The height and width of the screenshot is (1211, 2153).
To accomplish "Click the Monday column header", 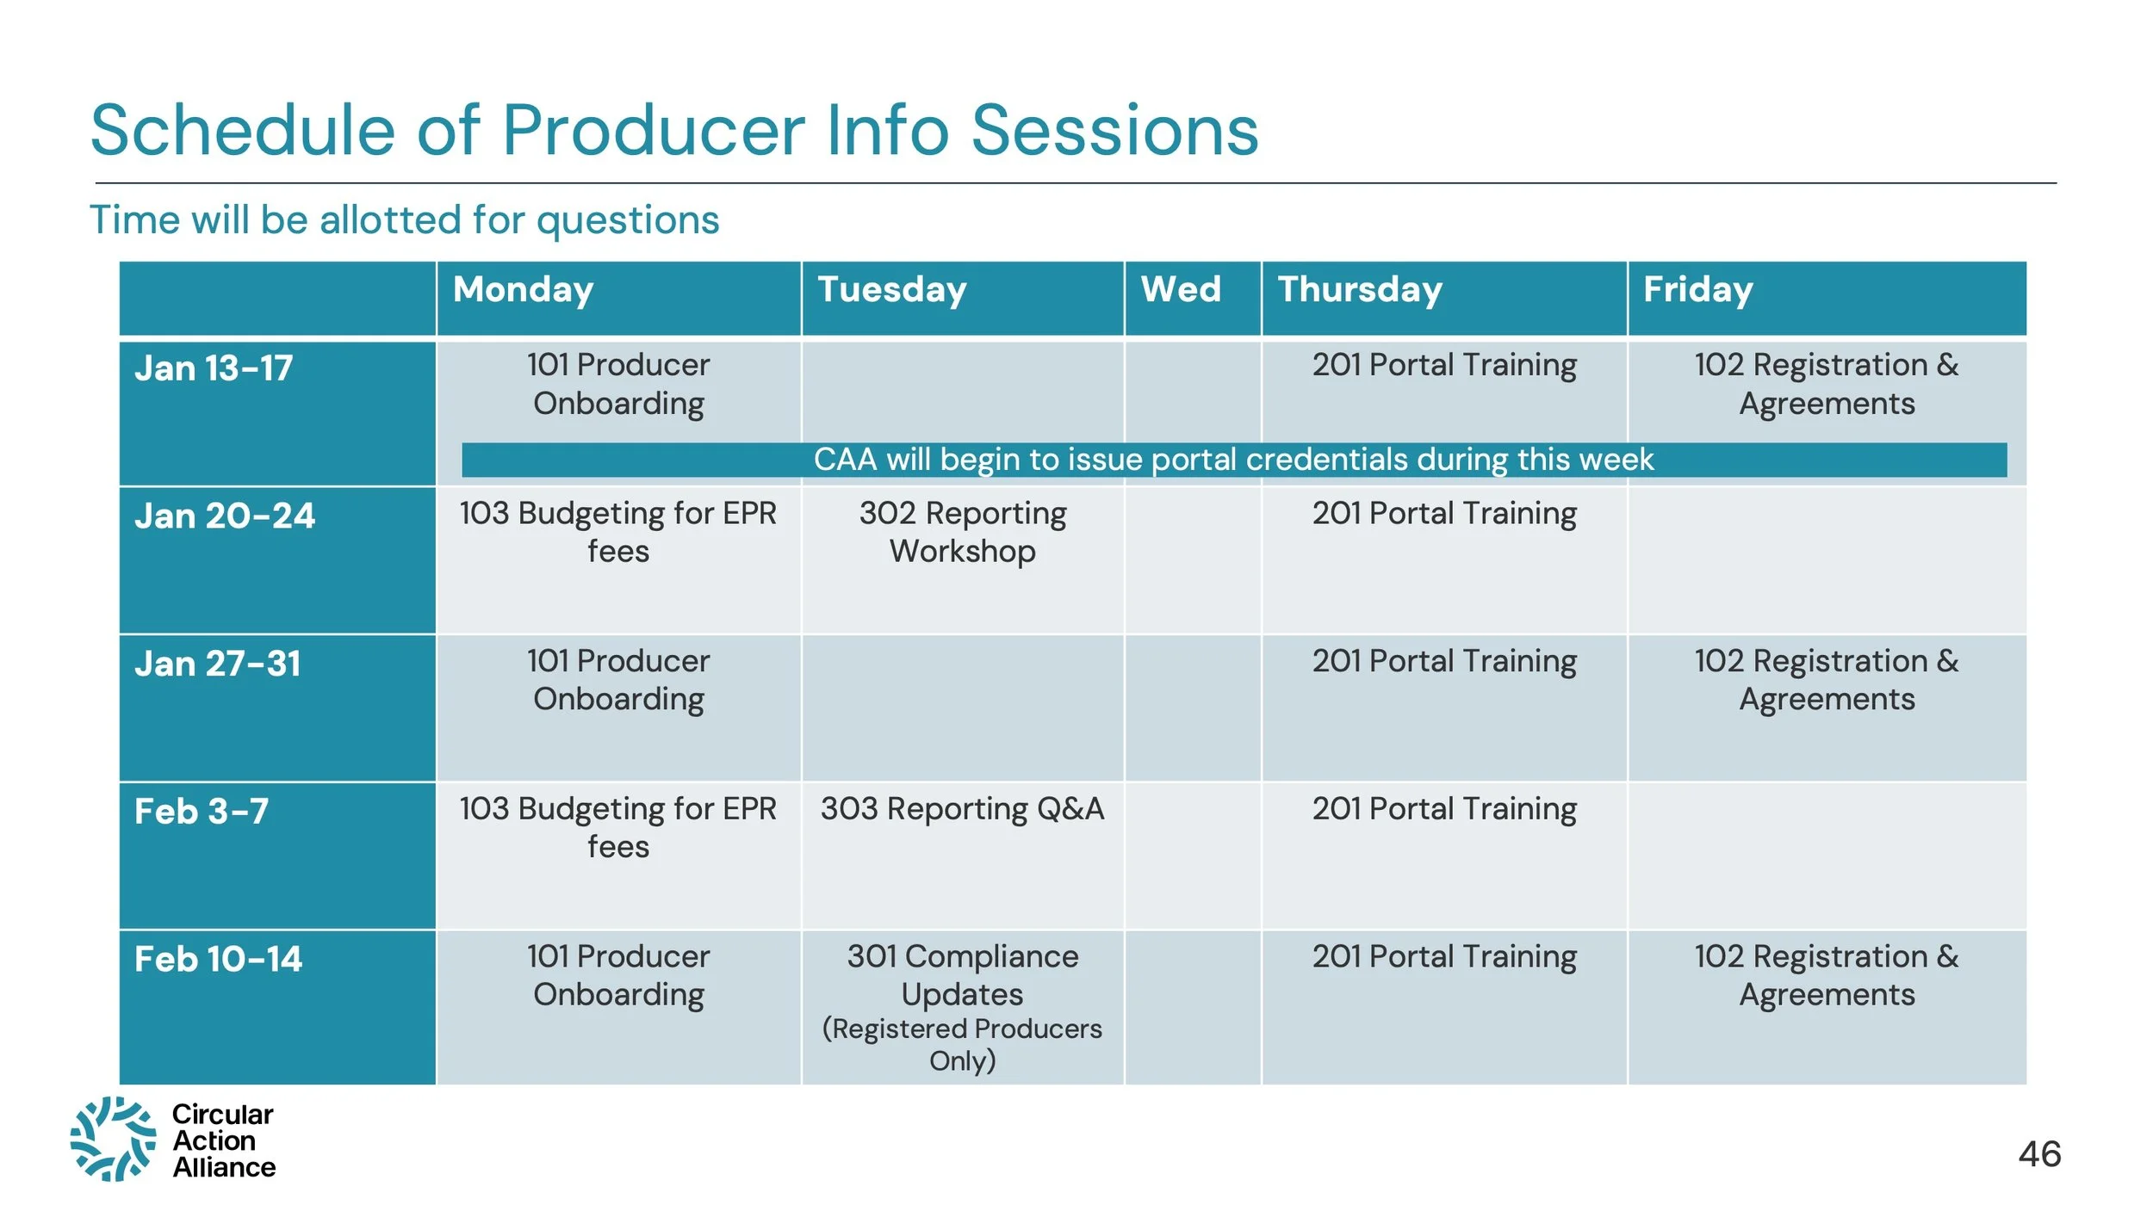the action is pyautogui.click(x=524, y=290).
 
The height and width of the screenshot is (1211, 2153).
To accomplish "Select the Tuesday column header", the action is pyautogui.click(x=892, y=290).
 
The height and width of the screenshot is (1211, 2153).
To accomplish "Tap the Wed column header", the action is pyautogui.click(x=1181, y=289).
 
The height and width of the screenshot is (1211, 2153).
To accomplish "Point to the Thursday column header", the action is pyautogui.click(x=1360, y=290).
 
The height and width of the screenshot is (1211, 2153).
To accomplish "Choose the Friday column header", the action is pyautogui.click(x=1697, y=290).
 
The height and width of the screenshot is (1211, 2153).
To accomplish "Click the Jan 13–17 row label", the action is pyautogui.click(x=214, y=368).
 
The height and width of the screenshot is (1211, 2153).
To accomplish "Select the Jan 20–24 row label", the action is pyautogui.click(x=225, y=516).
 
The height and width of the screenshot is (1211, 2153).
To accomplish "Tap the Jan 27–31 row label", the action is pyautogui.click(x=218, y=664).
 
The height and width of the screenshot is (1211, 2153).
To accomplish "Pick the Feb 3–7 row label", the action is pyautogui.click(x=202, y=812).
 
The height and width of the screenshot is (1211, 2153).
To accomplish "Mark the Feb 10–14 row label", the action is pyautogui.click(x=219, y=960).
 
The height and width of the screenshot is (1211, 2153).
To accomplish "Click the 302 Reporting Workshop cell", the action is pyautogui.click(x=963, y=532).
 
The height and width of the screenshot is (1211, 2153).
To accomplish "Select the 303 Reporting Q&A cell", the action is pyautogui.click(x=962, y=809).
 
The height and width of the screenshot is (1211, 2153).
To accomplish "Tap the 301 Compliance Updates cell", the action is pyautogui.click(x=963, y=1007).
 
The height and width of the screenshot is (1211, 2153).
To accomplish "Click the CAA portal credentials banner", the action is pyautogui.click(x=1234, y=460).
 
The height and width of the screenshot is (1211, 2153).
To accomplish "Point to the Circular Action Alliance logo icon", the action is pyautogui.click(x=113, y=1139).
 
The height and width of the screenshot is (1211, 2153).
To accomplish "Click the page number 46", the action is pyautogui.click(x=2039, y=1154).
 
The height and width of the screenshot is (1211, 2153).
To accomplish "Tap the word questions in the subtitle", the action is pyautogui.click(x=628, y=221).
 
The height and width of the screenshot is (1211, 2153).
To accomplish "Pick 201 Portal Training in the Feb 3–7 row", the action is pyautogui.click(x=1444, y=809).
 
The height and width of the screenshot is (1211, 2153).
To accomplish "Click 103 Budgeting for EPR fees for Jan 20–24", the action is pyautogui.click(x=618, y=532).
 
